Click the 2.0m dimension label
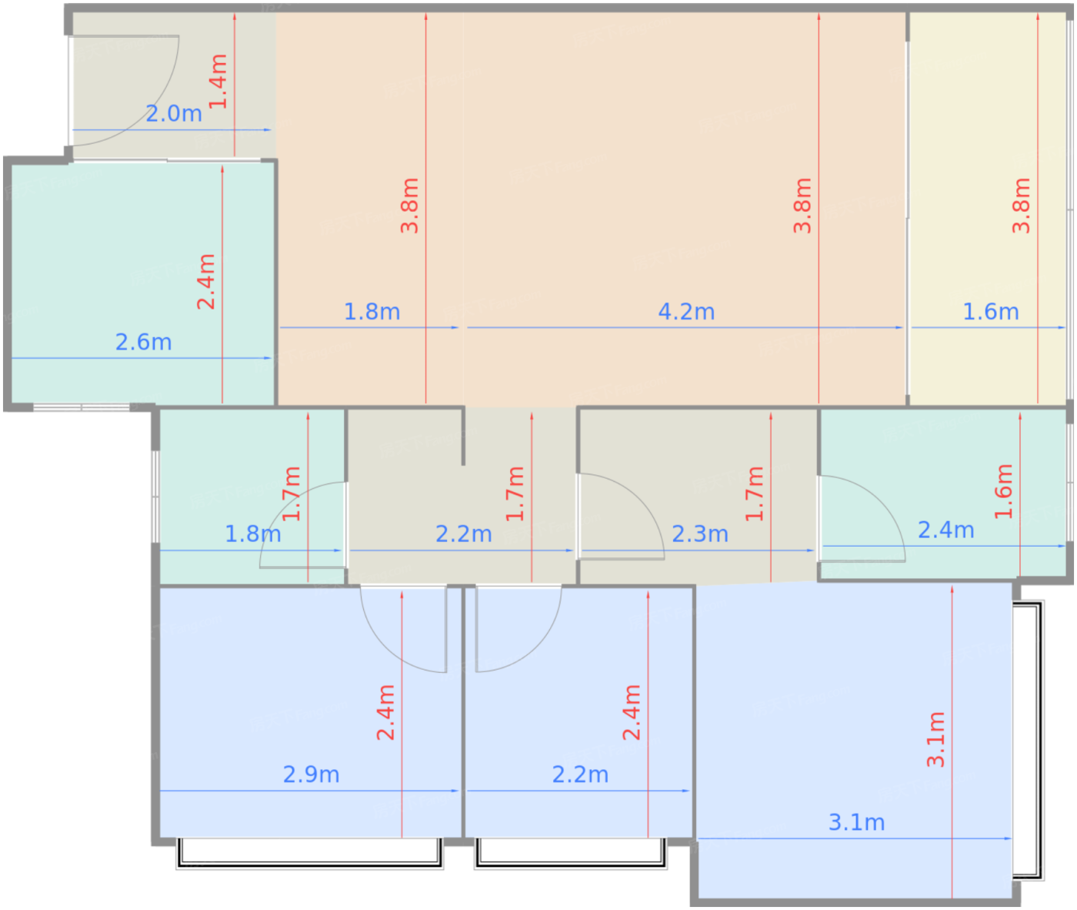(x=174, y=113)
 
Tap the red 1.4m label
(x=218, y=81)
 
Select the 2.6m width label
(x=143, y=343)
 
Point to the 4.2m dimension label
(x=686, y=312)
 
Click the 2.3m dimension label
(x=700, y=534)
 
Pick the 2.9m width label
(x=311, y=775)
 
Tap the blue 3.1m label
(x=856, y=823)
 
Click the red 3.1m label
(x=935, y=740)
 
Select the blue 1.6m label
(x=991, y=312)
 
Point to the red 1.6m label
(x=1003, y=491)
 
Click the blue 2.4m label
(x=946, y=530)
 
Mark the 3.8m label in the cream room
(x=1021, y=206)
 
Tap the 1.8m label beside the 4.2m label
(x=372, y=312)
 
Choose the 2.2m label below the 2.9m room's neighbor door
(x=580, y=775)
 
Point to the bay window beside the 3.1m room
(x=1028, y=741)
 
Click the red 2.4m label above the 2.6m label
(x=206, y=281)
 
